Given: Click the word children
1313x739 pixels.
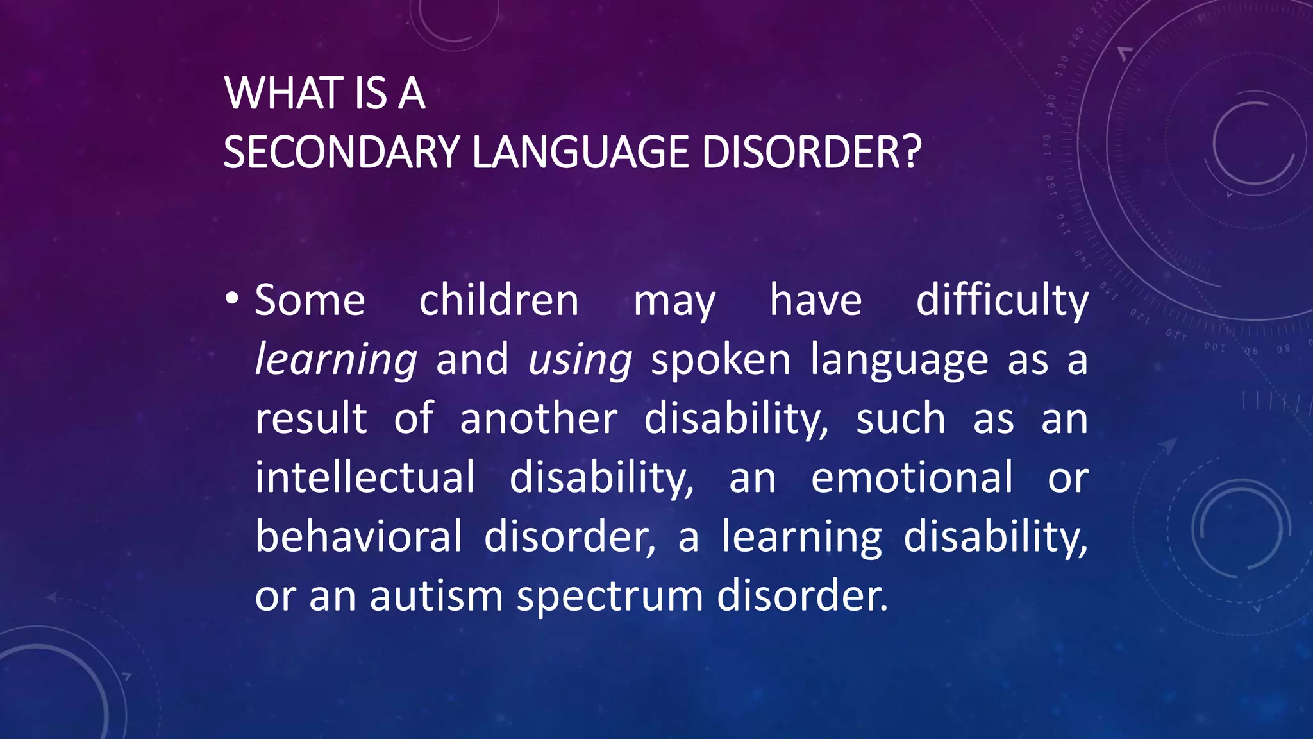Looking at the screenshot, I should (x=499, y=300).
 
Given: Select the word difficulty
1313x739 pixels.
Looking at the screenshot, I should (x=1001, y=302).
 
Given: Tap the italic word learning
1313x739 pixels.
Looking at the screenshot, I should (x=336, y=361).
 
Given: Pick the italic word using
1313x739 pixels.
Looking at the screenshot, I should (x=580, y=361).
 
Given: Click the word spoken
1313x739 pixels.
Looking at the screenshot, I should (x=721, y=359).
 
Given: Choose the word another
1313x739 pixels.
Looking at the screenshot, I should (x=539, y=418).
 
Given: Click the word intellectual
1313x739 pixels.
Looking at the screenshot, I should (x=365, y=477).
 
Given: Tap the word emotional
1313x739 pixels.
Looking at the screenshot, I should (x=912, y=477).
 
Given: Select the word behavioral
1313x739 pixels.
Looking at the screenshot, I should (x=358, y=536).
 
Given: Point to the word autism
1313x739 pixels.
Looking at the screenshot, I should (x=436, y=595).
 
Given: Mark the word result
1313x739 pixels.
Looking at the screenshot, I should (x=311, y=418).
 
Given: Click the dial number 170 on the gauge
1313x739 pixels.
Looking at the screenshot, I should (x=1048, y=146).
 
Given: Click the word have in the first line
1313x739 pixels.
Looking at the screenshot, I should (x=815, y=300).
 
